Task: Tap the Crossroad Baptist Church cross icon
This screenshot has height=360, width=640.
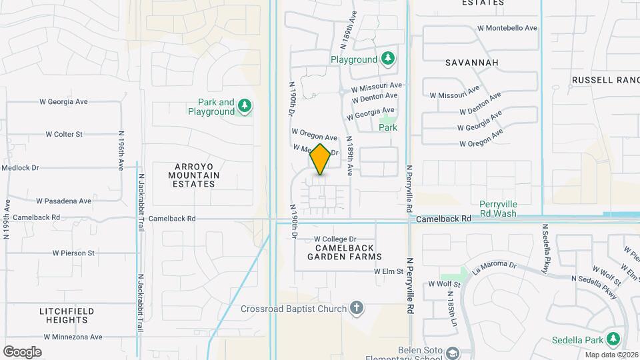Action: pyautogui.click(x=357, y=308)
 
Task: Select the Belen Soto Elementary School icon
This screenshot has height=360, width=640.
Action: pyautogui.click(x=453, y=353)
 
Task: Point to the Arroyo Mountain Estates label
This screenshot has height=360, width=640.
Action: pyautogui.click(x=187, y=175)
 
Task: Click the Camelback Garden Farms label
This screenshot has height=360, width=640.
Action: pyautogui.click(x=345, y=251)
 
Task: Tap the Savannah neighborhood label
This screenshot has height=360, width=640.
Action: pyautogui.click(x=471, y=62)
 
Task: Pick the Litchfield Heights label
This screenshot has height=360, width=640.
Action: pyautogui.click(x=67, y=315)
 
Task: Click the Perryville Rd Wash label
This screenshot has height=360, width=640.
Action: pyautogui.click(x=498, y=209)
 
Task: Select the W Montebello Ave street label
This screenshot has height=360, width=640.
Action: pyautogui.click(x=507, y=28)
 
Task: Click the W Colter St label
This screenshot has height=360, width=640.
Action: pyautogui.click(x=64, y=134)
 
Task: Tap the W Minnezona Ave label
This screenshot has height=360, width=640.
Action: pyautogui.click(x=70, y=337)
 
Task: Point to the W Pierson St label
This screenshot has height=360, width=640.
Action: pyautogui.click(x=73, y=253)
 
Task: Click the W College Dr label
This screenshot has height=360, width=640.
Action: pyautogui.click(x=335, y=239)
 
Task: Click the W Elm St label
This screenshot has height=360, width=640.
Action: pyautogui.click(x=389, y=271)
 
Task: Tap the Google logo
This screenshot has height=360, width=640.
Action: pyautogui.click(x=22, y=351)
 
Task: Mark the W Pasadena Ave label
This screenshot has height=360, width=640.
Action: pyautogui.click(x=63, y=201)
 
